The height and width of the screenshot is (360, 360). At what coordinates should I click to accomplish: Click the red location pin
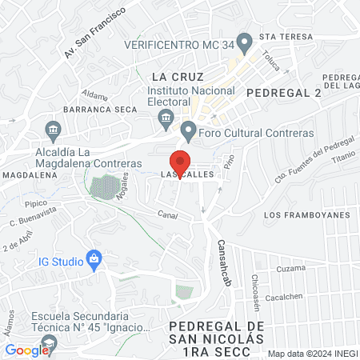pos(181,161)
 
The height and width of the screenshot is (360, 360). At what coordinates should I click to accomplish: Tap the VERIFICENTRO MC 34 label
pos(180,44)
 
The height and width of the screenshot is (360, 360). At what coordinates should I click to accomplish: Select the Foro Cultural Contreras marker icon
pos(188,130)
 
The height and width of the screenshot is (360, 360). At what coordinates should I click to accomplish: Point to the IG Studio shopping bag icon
pos(94,259)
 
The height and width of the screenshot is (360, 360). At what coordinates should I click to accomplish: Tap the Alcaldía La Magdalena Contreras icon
pos(54,130)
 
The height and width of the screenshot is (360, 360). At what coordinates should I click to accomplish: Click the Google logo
pos(27,350)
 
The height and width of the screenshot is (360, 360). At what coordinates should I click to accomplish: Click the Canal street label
pos(166,214)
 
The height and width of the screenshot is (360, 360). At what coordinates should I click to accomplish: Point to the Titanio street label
pos(341,162)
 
